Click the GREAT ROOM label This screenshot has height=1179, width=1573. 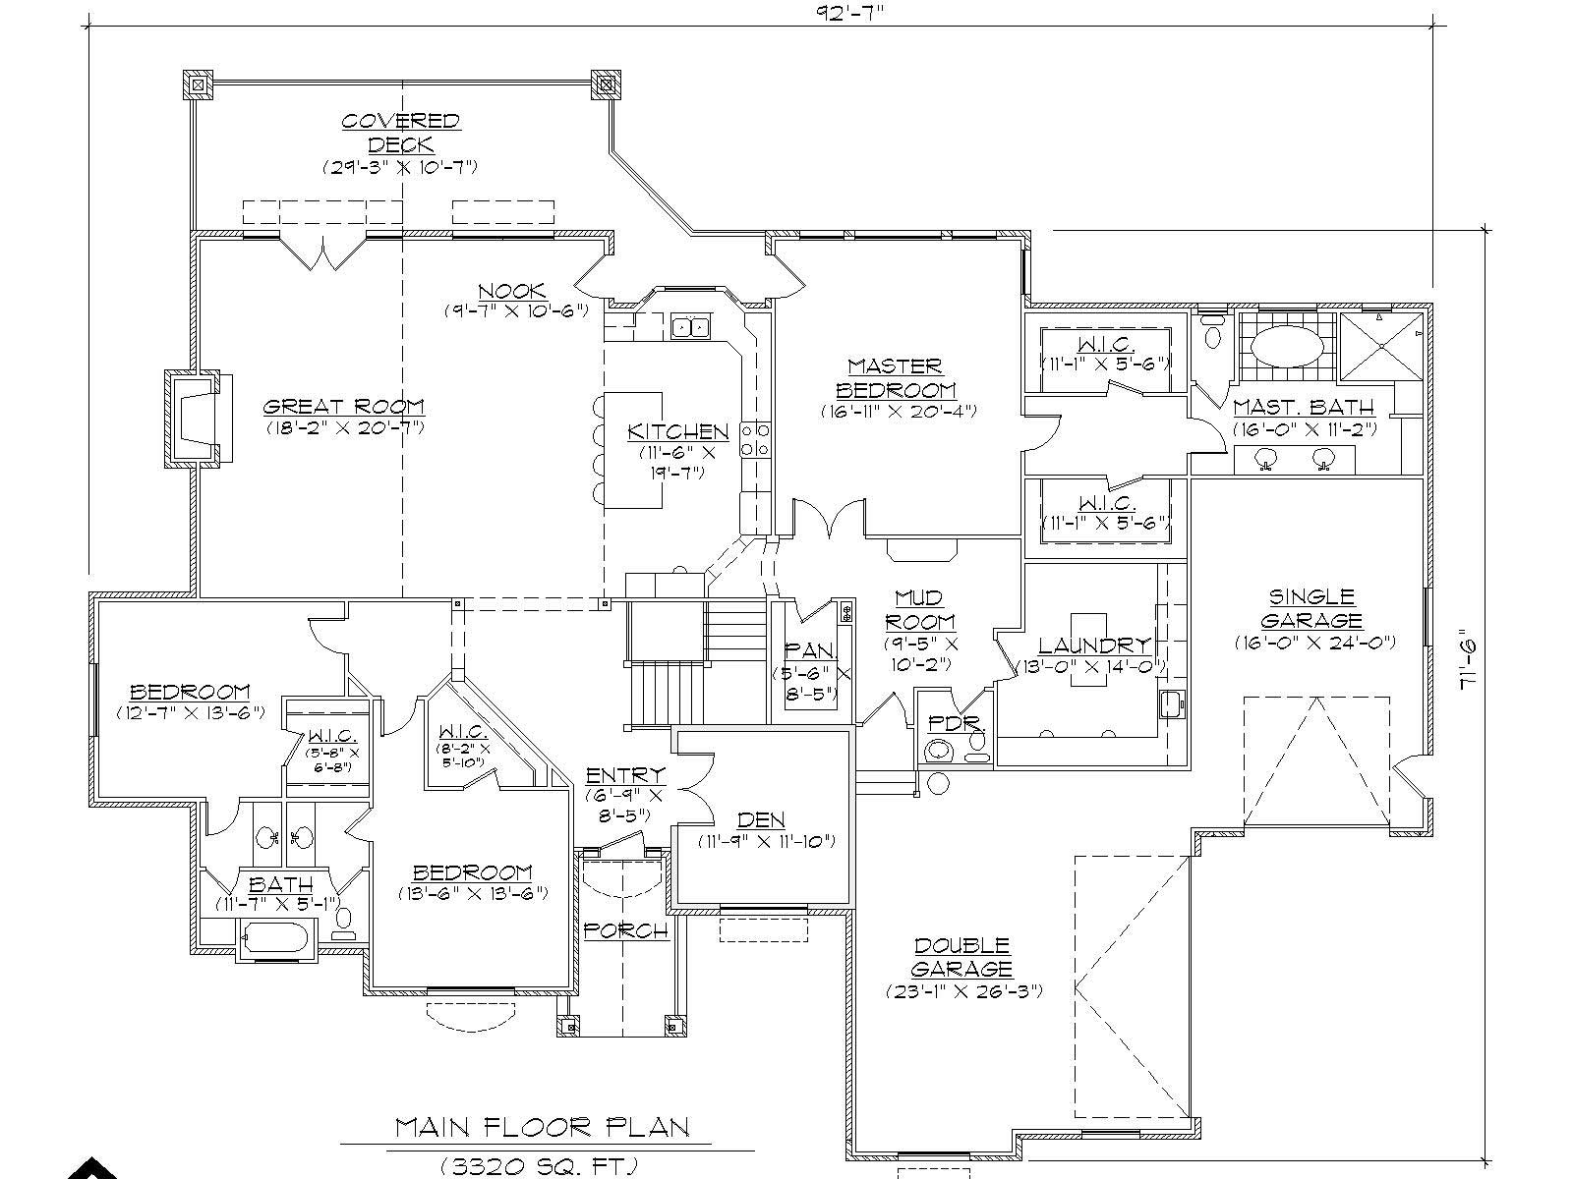point(344,406)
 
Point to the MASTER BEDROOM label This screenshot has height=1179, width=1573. point(896,378)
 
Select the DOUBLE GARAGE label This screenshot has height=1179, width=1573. point(962,957)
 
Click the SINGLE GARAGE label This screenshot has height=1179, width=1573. point(1311,608)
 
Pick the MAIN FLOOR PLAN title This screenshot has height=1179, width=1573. point(543,1126)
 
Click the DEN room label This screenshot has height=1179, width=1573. point(761,819)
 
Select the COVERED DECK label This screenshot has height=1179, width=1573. point(400,133)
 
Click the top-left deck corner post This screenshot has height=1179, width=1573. point(199,85)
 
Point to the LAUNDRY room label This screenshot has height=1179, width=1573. point(1094,646)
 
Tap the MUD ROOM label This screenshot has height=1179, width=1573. point(919,609)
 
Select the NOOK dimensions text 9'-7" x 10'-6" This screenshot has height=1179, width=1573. point(515,310)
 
